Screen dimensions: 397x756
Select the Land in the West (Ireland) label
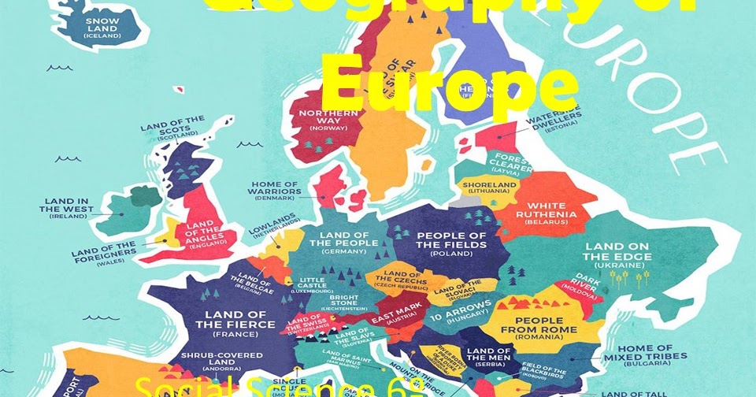click(x=67, y=208)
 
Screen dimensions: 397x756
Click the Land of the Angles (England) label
click(x=206, y=233)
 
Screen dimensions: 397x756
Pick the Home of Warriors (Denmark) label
click(x=274, y=190)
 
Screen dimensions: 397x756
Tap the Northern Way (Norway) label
click(x=328, y=118)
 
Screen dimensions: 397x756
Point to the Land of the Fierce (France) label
click(x=224, y=324)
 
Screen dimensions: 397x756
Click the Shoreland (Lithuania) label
click(x=495, y=187)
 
